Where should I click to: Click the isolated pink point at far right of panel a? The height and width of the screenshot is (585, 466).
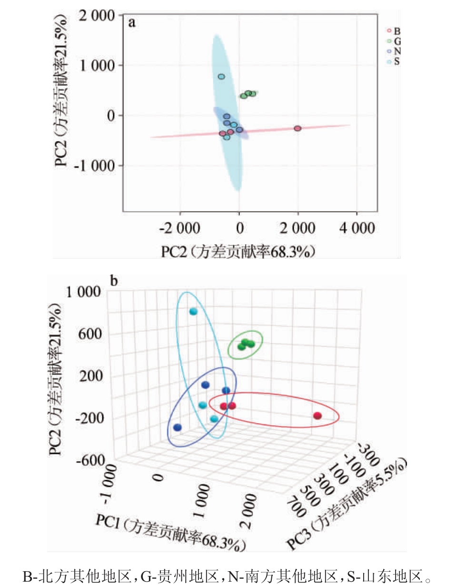click(297, 128)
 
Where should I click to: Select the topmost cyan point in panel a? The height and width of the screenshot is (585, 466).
click(221, 76)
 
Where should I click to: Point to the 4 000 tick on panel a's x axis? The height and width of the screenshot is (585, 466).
click(357, 228)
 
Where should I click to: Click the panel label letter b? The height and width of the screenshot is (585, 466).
click(114, 281)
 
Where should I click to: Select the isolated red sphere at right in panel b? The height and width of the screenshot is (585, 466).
click(317, 416)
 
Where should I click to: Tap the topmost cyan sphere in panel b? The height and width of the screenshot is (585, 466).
click(193, 312)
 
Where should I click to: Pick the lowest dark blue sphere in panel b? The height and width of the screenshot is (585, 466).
click(178, 427)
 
